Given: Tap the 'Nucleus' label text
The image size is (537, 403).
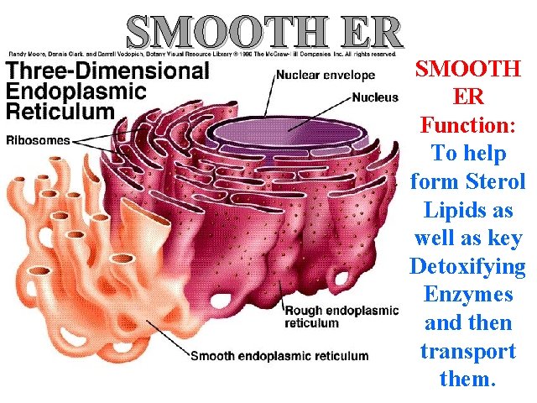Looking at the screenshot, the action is [x=375, y=97].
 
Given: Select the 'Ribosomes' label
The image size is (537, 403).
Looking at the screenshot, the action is [x=38, y=141].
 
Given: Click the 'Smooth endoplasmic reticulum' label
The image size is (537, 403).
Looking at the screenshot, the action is [x=279, y=355].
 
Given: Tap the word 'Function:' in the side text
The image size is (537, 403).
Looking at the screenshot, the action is [x=467, y=126].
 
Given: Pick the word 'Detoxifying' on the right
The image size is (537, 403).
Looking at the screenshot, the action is [x=467, y=267].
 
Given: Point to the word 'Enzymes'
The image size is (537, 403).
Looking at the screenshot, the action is [x=467, y=296].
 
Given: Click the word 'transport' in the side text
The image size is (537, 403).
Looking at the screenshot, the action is [x=467, y=351].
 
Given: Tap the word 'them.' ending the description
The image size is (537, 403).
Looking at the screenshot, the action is [x=467, y=379].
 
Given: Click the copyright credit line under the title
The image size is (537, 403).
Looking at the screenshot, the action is [x=201, y=54].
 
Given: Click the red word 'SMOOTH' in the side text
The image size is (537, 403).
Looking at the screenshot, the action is [x=467, y=70].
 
